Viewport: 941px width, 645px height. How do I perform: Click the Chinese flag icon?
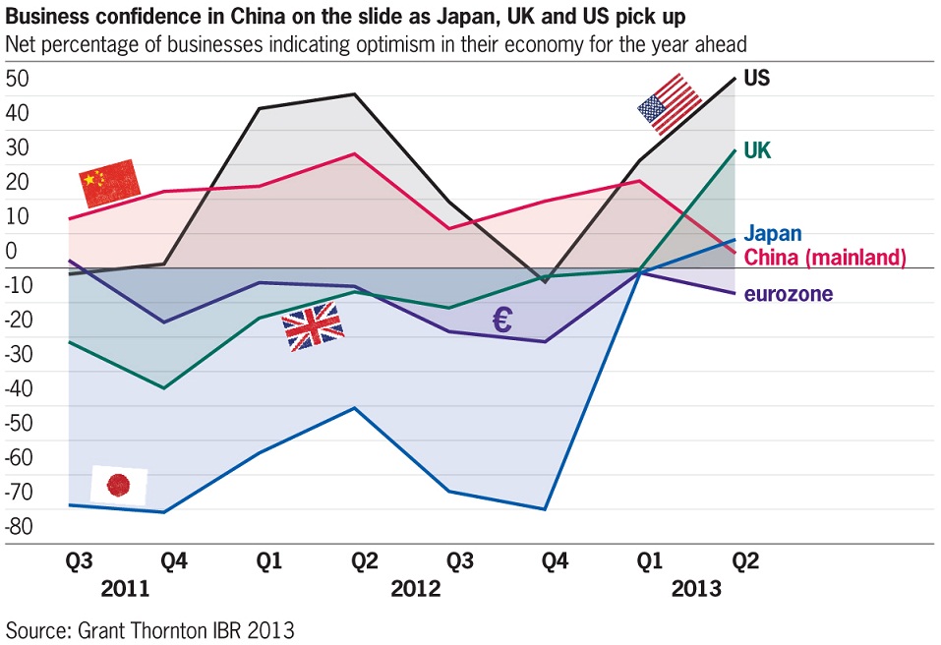tap(108, 183)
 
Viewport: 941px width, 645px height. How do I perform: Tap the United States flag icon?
tap(670, 104)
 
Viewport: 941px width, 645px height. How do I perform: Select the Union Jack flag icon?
tap(314, 326)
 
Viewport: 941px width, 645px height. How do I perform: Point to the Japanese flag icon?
tap(119, 484)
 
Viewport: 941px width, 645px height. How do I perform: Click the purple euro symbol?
tap(501, 320)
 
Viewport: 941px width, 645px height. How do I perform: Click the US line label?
tap(757, 78)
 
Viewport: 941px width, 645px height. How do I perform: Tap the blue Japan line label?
tap(772, 234)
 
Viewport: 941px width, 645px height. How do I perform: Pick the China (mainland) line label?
tap(824, 258)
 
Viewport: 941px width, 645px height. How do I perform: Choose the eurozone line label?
tap(789, 294)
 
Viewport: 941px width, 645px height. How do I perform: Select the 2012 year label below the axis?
tap(416, 590)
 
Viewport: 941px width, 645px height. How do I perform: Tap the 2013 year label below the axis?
tap(696, 590)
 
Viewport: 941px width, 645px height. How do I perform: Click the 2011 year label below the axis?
tap(125, 590)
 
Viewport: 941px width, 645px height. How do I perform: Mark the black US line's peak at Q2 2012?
tap(355, 94)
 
